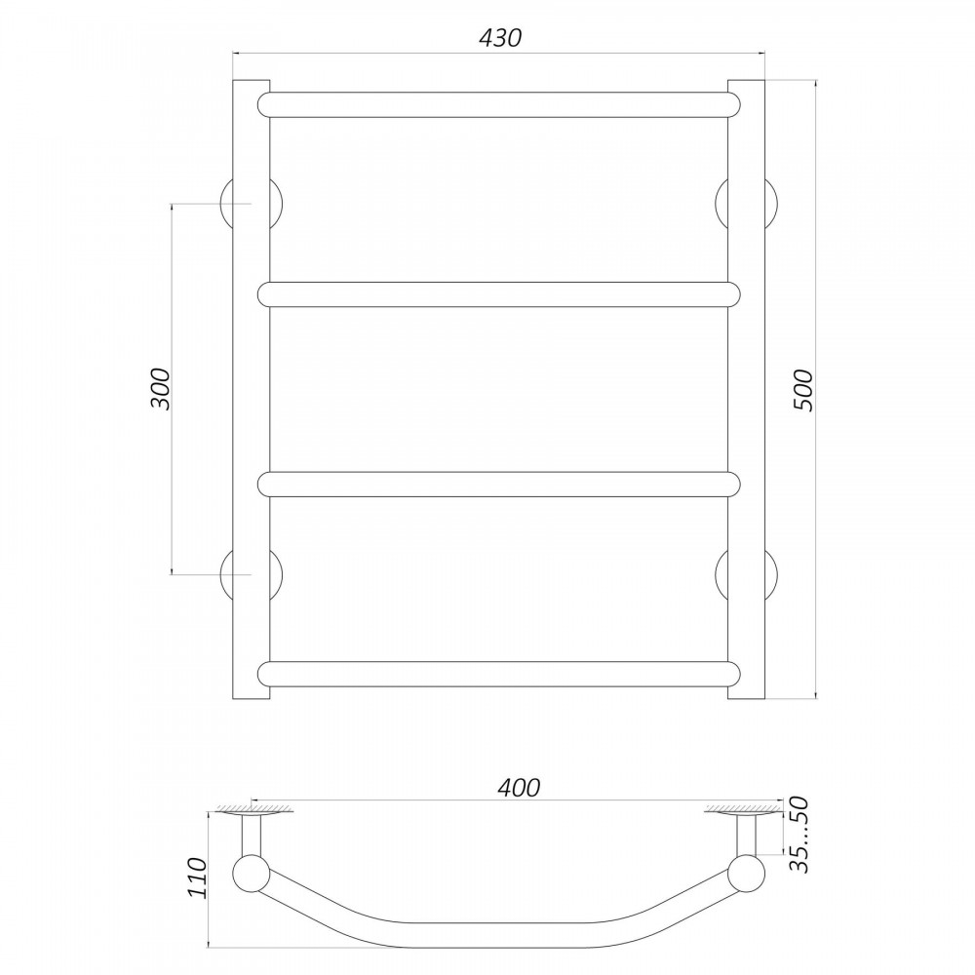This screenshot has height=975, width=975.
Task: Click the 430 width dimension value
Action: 500,38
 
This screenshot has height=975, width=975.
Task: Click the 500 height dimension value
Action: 802,390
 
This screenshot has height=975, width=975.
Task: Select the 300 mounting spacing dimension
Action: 160,389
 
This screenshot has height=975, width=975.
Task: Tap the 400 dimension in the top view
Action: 520,787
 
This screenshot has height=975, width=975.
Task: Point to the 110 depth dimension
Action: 197,877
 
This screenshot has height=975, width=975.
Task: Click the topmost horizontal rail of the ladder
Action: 499,105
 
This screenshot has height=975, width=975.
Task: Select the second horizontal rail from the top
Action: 499,294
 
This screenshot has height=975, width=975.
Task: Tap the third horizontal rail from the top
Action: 499,485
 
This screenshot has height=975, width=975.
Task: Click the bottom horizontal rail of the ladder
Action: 499,674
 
